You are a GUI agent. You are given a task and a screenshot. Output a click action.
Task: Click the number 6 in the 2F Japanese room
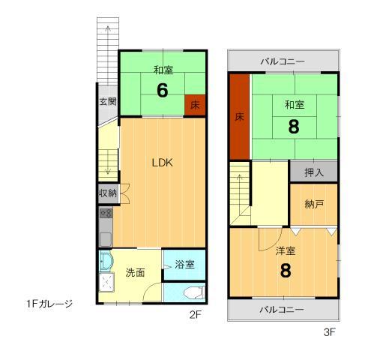[x=162, y=90]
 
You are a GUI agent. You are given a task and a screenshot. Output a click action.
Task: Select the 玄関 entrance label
[x=107, y=101]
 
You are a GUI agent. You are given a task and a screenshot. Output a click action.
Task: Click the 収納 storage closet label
[x=107, y=193]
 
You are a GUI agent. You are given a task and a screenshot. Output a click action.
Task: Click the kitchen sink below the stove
[x=106, y=239]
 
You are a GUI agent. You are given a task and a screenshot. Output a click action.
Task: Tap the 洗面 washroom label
[x=136, y=272]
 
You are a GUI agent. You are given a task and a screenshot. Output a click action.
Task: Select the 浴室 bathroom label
[x=184, y=264]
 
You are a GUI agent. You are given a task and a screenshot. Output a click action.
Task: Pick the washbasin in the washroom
[x=106, y=262]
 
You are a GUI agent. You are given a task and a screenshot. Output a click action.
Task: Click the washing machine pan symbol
[x=109, y=283]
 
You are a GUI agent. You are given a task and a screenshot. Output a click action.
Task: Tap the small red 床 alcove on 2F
[x=194, y=104]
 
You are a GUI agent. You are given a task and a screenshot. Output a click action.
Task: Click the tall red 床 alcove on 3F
[x=239, y=116]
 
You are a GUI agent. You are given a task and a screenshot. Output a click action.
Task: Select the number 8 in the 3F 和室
[x=294, y=127]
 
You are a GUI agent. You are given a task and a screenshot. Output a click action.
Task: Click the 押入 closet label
[x=313, y=172]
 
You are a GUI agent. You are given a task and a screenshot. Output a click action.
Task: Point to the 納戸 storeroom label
[x=313, y=204]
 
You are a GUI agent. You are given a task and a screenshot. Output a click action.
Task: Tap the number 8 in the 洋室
[x=285, y=271]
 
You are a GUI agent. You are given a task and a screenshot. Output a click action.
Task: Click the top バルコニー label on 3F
[x=283, y=60]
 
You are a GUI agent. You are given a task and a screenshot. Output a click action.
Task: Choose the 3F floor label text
[x=328, y=330]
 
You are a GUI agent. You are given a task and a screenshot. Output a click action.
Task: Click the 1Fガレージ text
[x=49, y=304]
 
